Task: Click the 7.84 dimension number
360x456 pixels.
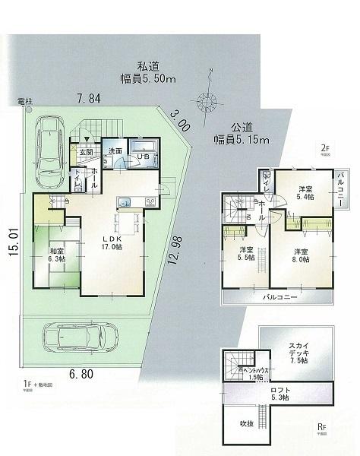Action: [89, 97]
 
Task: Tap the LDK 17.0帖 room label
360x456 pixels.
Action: [109, 241]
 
